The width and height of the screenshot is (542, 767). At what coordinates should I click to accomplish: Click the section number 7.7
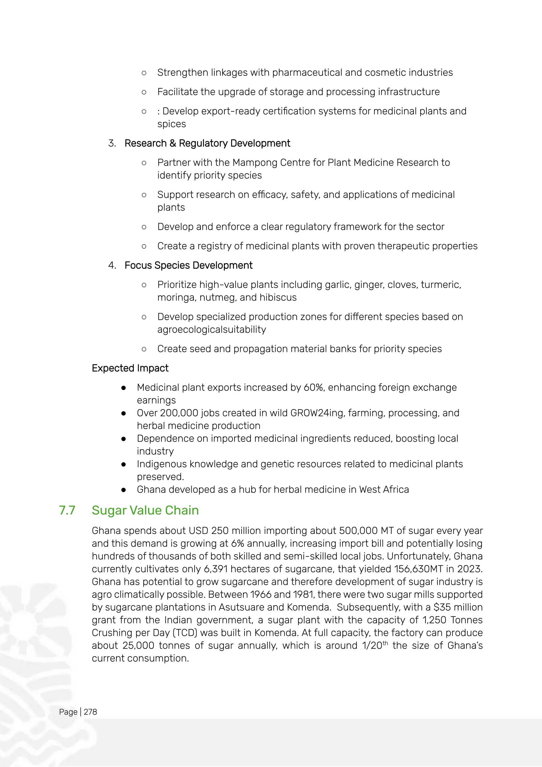tap(67, 510)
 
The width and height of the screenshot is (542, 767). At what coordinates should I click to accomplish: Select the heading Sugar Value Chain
tap(145, 510)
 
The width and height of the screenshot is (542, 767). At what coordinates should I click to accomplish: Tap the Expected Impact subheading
tap(130, 368)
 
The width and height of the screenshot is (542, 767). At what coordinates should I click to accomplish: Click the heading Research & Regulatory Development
tap(207, 143)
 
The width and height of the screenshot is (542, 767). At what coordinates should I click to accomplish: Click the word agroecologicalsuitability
tap(212, 330)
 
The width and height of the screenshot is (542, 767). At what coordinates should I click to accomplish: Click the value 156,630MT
tap(423, 569)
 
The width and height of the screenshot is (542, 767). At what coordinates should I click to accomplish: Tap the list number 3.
tap(111, 143)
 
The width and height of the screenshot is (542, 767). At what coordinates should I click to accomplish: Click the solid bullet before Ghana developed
tap(124, 490)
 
